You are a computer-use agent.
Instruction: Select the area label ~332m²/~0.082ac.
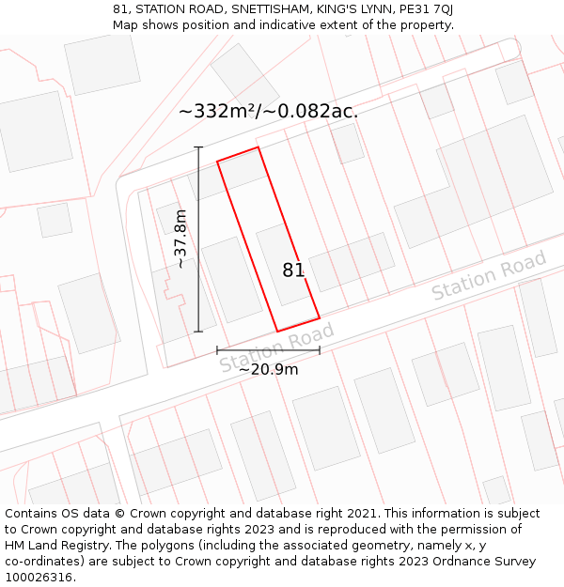click(268, 111)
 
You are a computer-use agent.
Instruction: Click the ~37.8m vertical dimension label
click(181, 239)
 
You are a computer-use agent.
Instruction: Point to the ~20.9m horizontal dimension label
click(268, 369)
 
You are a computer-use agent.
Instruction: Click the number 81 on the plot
click(293, 270)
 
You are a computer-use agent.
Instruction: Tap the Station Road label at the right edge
click(488, 276)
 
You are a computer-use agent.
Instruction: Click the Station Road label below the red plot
click(276, 348)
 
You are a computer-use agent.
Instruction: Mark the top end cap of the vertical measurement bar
click(198, 147)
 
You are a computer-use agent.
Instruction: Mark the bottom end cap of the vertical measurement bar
click(198, 332)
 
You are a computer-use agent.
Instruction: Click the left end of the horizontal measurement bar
click(217, 350)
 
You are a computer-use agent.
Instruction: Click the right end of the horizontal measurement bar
click(320, 350)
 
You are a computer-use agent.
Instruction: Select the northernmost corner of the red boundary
click(258, 147)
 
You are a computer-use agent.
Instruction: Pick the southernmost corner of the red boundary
click(277, 332)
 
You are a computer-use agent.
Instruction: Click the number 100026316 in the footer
click(39, 578)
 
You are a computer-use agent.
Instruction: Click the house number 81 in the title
click(119, 9)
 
